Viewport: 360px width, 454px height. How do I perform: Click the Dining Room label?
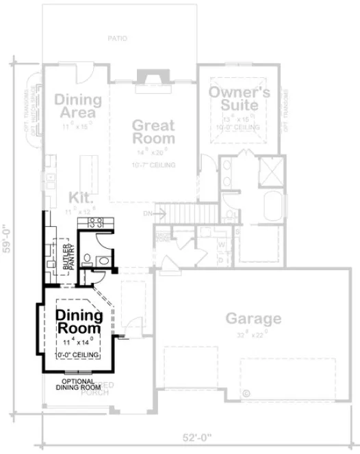[x=79, y=322]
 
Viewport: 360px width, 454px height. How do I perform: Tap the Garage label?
[x=253, y=319]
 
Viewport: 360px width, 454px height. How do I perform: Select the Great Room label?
[x=153, y=131]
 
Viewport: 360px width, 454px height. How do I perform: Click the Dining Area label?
[x=79, y=106]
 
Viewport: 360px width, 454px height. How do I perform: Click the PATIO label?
[x=117, y=39]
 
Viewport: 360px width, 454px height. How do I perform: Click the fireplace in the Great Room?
[x=149, y=79]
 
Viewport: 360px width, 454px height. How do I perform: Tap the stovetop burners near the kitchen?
[x=96, y=221]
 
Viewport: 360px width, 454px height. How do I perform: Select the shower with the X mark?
[x=272, y=169]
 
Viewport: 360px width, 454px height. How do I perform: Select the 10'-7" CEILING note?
[x=153, y=165]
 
